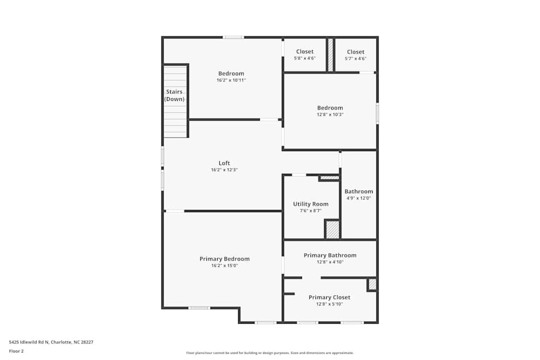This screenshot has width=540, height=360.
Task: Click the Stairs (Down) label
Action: tap(174, 96)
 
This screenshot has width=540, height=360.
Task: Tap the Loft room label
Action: tap(224, 163)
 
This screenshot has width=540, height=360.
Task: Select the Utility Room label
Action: tap(310, 204)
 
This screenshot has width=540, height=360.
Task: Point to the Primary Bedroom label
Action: tap(225, 259)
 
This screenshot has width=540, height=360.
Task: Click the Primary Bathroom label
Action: tap(330, 255)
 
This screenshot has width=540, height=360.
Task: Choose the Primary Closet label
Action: tap(329, 297)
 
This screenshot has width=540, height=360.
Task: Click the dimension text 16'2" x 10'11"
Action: tap(231, 80)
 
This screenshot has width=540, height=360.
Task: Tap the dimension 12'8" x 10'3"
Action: tap(330, 114)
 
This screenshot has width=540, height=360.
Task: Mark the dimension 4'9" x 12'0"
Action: tap(359, 198)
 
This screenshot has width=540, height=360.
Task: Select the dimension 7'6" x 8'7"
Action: tap(310, 210)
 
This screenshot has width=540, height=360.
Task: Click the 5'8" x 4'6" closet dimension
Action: tap(305, 58)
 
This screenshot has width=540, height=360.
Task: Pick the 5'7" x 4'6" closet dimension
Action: tap(355, 58)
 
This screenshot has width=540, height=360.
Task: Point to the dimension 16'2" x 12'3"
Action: tap(224, 170)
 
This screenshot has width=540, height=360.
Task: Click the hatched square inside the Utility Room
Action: tap(333, 230)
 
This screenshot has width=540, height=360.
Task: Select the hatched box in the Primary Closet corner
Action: tap(372, 284)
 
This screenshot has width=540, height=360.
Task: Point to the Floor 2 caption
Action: tap(16, 351)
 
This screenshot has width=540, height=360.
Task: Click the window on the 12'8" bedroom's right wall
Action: tap(377, 113)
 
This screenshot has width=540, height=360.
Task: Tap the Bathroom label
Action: tap(359, 192)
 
